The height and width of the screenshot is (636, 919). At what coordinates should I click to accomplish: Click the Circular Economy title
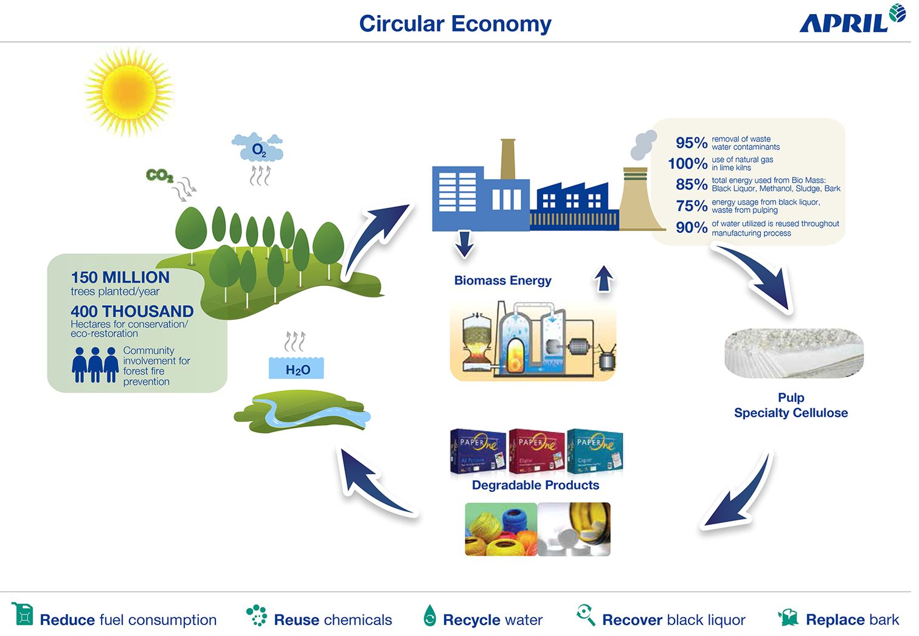click(x=455, y=24)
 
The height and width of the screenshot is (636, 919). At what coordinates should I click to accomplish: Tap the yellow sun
click(x=127, y=92)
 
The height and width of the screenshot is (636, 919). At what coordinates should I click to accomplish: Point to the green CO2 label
click(x=159, y=175)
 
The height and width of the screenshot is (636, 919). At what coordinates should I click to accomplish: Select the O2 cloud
click(x=258, y=148)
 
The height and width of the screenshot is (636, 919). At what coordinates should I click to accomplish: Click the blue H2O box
click(x=297, y=369)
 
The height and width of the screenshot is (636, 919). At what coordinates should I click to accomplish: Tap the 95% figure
click(x=692, y=143)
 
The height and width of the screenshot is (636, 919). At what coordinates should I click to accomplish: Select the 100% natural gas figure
click(x=687, y=164)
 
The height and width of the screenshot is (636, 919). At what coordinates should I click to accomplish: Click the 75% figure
click(x=692, y=206)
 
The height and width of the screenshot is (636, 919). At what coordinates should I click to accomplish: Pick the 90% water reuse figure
click(x=692, y=227)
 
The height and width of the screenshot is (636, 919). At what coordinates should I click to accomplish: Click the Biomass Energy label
click(x=502, y=280)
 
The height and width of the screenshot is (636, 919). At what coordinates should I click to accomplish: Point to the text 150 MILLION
click(x=120, y=277)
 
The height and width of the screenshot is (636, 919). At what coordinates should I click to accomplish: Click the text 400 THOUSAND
click(x=132, y=311)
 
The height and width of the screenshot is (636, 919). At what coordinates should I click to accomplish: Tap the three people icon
click(x=95, y=364)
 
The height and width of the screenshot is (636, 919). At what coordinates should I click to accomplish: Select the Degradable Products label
click(x=535, y=485)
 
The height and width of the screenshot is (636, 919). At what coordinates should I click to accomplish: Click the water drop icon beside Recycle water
click(x=429, y=616)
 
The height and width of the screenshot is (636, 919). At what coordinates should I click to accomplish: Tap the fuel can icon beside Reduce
click(x=23, y=614)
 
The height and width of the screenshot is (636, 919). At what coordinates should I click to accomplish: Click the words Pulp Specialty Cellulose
click(x=791, y=406)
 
